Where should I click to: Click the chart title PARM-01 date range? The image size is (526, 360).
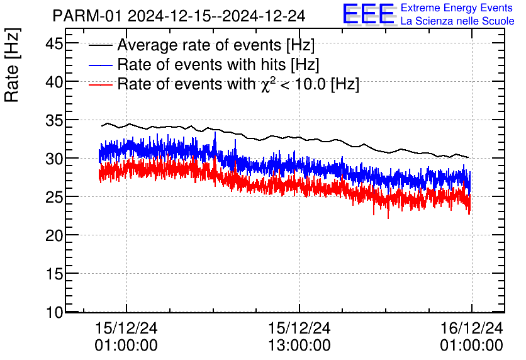[x=179, y=16]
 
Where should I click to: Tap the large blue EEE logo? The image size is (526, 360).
[x=369, y=14]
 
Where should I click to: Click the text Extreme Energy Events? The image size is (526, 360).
[x=457, y=9]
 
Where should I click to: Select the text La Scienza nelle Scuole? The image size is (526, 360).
[x=457, y=21]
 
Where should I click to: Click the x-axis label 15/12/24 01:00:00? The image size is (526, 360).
[x=126, y=337]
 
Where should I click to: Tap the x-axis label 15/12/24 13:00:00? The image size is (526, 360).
[x=299, y=337]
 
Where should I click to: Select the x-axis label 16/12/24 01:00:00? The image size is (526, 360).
[x=471, y=337]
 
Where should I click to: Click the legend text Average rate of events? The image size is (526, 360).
[x=216, y=45]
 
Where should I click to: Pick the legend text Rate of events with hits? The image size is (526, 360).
[x=218, y=64]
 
